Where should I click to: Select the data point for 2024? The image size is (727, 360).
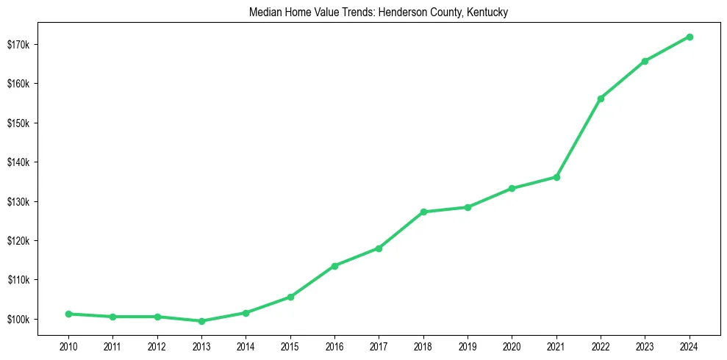pos(690,37)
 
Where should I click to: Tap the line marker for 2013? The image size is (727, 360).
pos(201,321)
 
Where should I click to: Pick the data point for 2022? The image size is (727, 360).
pos(601,98)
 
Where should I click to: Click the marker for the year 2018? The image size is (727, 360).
pos(423,212)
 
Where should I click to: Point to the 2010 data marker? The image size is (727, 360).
pos(68,314)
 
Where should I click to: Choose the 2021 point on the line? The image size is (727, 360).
pos(556,177)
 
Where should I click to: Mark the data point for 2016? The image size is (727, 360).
pos(334,266)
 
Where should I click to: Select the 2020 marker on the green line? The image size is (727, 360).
pos(512,189)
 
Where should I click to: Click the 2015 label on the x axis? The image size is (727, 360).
pos(290,345)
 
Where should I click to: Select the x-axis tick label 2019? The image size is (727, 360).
pos(468,345)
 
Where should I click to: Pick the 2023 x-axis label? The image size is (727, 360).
pos(645,345)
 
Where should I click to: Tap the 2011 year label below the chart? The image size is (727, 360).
pos(112,345)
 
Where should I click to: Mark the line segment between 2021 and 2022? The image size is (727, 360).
pos(579,138)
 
